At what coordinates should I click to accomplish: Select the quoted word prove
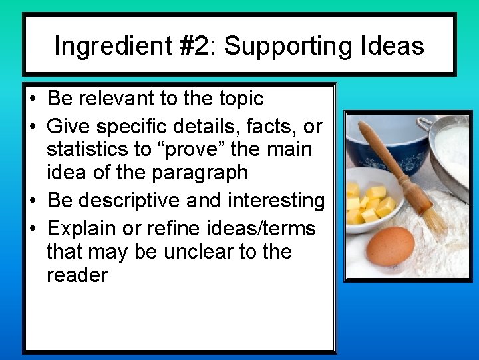tap(216, 149)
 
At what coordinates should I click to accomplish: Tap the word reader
tap(77, 275)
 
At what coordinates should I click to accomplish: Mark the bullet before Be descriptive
tap(33, 201)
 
